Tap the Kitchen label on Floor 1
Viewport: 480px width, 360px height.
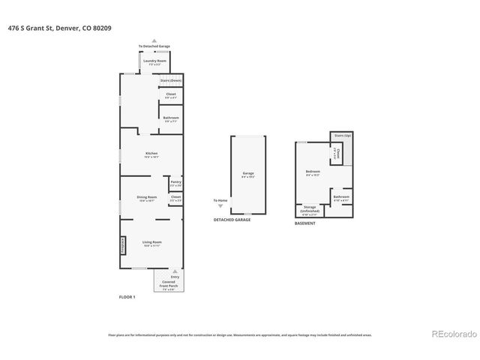tap(151, 154)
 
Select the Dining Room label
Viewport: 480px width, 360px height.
tap(146, 198)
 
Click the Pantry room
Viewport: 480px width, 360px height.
tap(175, 183)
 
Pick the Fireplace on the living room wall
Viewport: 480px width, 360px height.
tap(123, 246)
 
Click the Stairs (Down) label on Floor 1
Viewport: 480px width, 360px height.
tap(171, 80)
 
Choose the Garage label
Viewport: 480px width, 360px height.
tap(247, 175)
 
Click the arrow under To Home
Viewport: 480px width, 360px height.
tap(220, 205)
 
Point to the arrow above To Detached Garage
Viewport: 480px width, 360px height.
tap(154, 41)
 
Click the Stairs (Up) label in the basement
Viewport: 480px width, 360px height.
tap(343, 136)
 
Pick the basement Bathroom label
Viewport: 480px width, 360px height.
tap(341, 199)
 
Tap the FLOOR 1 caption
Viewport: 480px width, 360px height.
tap(127, 297)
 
